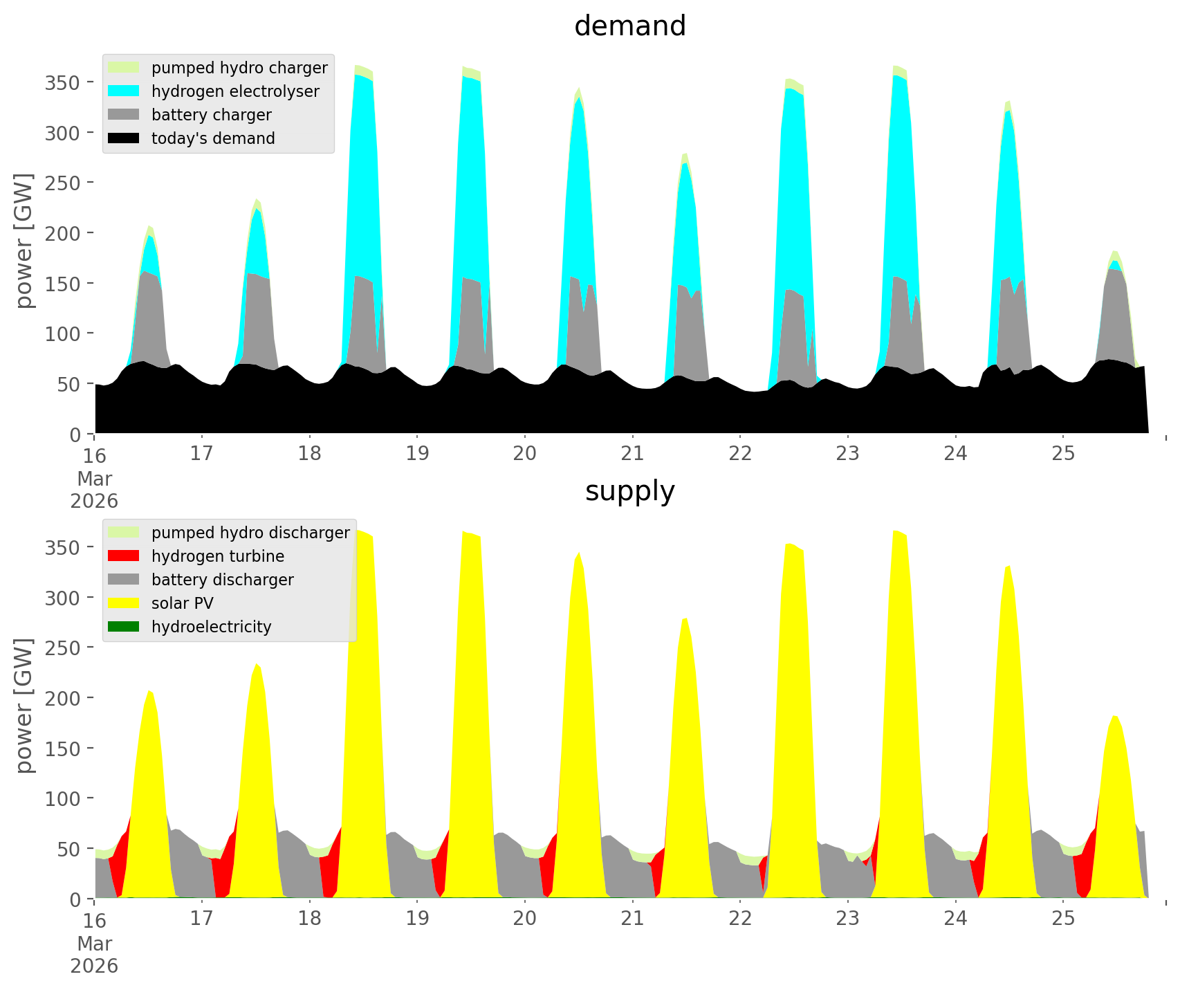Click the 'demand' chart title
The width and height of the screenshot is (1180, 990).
point(629,26)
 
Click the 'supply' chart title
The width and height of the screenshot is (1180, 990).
point(629,491)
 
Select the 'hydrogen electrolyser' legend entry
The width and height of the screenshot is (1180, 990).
point(235,91)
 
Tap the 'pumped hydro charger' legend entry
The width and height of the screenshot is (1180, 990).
point(239,68)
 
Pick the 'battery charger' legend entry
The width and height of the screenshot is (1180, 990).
point(211,115)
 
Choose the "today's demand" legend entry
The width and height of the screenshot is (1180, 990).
point(213,138)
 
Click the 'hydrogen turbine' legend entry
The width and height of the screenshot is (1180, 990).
point(217,556)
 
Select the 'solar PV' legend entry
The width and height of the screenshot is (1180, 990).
point(182,603)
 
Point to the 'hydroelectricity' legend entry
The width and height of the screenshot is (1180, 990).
point(211,627)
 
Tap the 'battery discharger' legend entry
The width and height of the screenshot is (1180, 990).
point(222,580)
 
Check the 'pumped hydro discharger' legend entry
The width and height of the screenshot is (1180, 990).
point(250,533)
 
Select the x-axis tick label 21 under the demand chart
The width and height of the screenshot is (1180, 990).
point(632,454)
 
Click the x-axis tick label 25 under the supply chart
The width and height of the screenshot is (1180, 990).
point(1063,919)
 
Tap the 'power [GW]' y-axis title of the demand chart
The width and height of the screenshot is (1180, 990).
point(25,240)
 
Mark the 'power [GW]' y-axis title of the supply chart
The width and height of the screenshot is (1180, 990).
point(25,705)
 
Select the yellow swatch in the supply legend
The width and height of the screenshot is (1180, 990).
point(124,603)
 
